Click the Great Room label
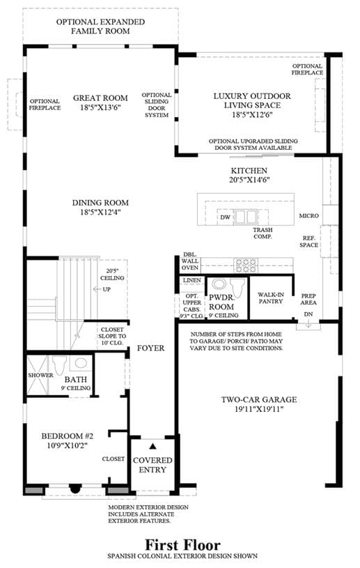point(100,98)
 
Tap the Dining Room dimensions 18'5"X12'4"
point(100,212)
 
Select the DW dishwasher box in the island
point(226,217)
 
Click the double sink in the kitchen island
point(246,217)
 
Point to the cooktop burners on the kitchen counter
point(246,265)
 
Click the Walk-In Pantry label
point(271,298)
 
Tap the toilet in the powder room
point(237,289)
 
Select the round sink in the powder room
point(219,284)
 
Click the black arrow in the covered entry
point(152,446)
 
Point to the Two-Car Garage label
point(259,399)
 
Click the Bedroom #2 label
point(68,436)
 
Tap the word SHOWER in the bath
point(41,375)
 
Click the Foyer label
point(150,348)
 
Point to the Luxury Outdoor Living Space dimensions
point(252,115)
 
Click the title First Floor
point(182,545)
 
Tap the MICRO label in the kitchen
point(308,216)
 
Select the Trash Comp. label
point(263,233)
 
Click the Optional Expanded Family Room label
point(100,26)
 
